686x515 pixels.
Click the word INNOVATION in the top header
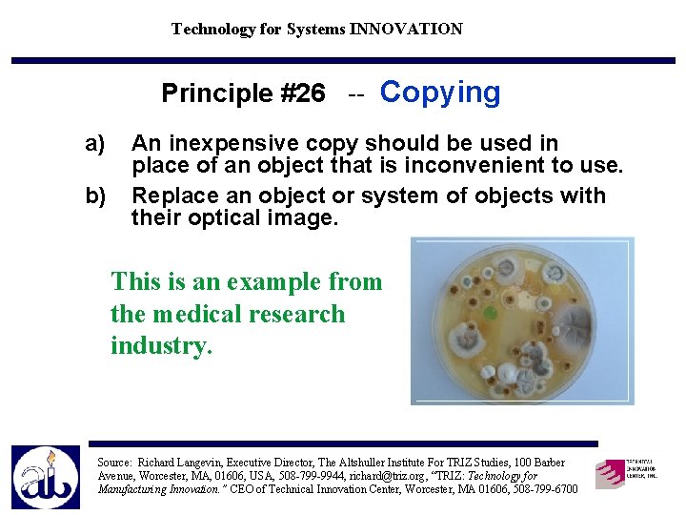406,29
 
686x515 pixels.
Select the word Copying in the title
439,93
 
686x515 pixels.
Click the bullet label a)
95,144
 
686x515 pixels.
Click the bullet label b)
95,196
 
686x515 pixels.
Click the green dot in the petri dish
491,312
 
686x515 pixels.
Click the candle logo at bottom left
46,477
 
